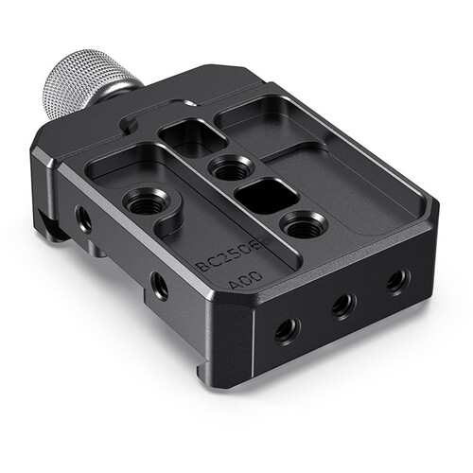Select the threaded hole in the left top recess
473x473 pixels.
coord(143,201)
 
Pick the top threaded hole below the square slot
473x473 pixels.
coord(302,225)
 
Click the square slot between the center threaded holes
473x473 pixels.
coord(266,197)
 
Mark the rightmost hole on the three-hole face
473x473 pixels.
coord(398,280)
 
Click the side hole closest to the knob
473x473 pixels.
coord(84,219)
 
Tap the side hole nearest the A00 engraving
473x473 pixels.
coord(160,285)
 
